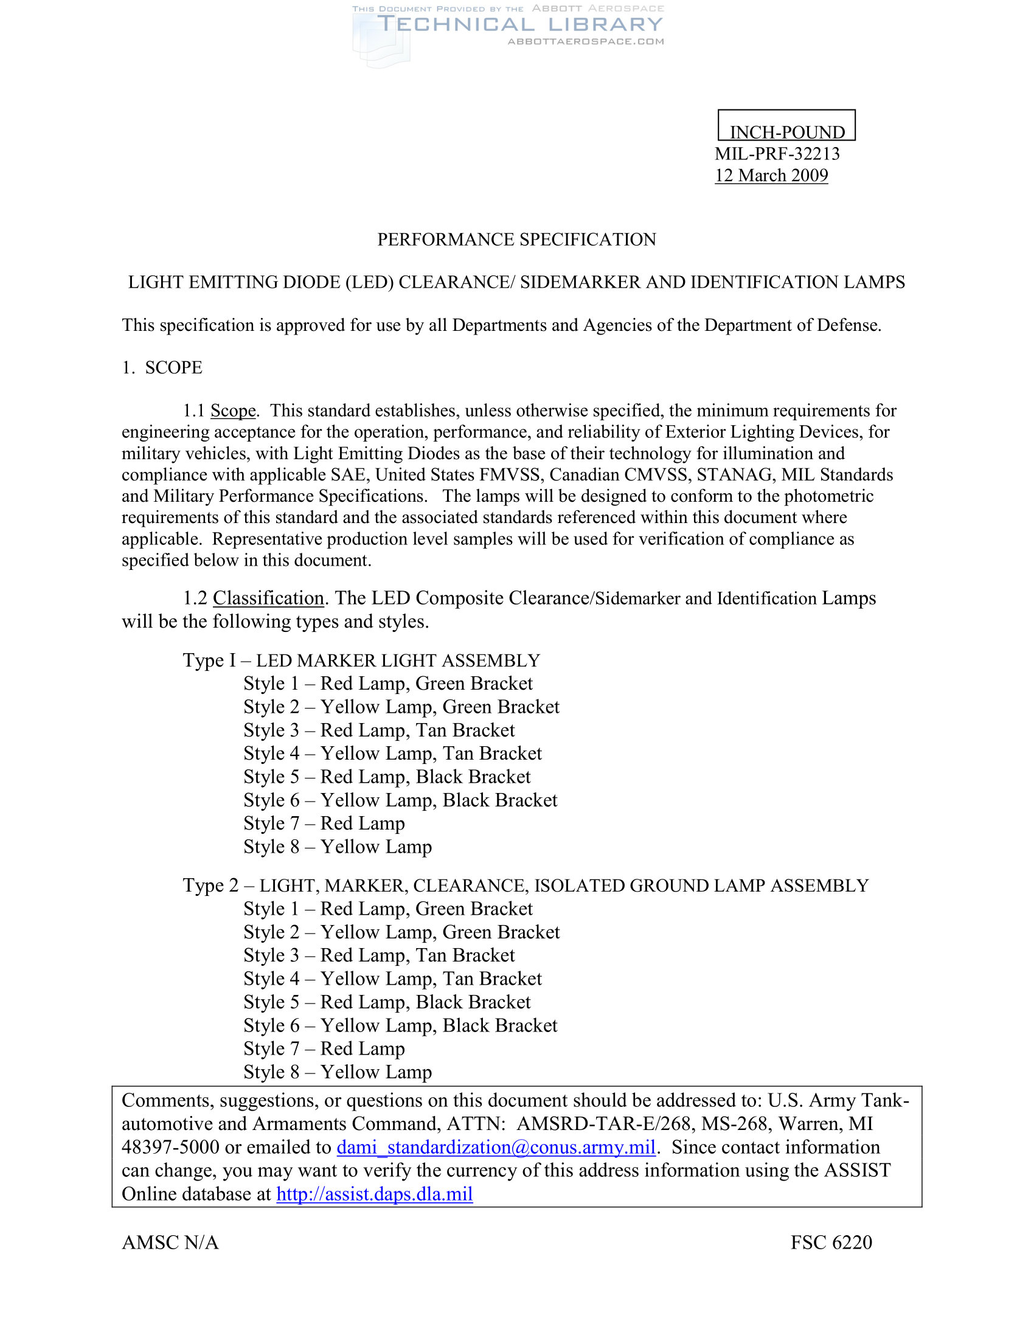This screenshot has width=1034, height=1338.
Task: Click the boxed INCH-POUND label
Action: pos(786,132)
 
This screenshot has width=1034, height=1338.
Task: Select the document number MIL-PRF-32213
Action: pos(777,154)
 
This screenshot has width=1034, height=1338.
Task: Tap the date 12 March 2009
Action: pos(771,176)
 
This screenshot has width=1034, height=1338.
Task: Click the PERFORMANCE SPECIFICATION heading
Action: pos(516,240)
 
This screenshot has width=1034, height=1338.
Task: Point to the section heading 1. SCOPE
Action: pos(162,367)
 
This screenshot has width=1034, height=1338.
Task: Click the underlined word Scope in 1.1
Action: pos(233,411)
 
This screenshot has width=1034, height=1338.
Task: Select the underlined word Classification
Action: pos(268,598)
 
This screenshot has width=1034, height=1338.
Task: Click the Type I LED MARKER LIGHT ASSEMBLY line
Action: pos(361,660)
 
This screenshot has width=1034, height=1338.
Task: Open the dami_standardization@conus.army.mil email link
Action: pos(496,1147)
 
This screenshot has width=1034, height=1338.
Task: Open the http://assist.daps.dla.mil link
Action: pos(374,1193)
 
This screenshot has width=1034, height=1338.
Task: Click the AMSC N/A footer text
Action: pos(170,1243)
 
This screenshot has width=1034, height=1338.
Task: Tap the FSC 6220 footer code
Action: pos(831,1243)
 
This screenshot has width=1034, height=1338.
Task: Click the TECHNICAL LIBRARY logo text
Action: pos(519,24)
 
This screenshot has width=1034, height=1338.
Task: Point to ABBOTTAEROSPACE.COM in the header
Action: pos(586,41)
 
